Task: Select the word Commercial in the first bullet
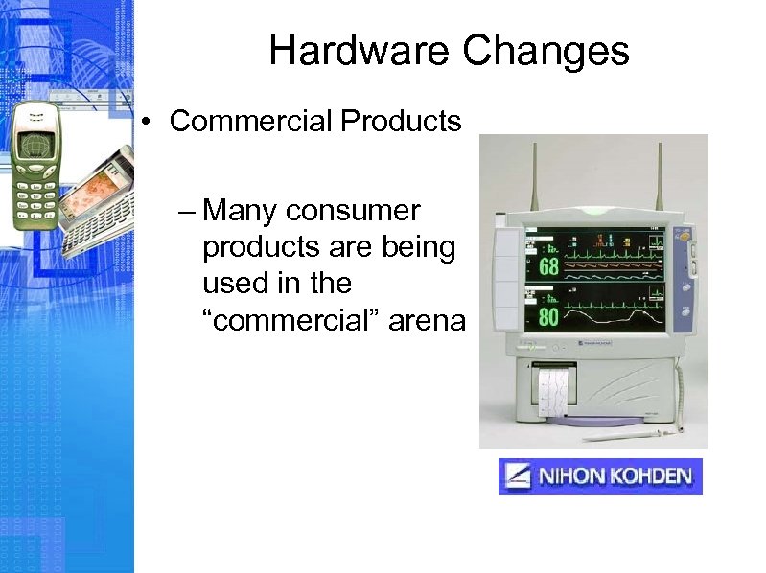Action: coord(250,123)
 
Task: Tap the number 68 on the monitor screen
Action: coord(548,264)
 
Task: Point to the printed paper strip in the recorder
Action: coord(553,392)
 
